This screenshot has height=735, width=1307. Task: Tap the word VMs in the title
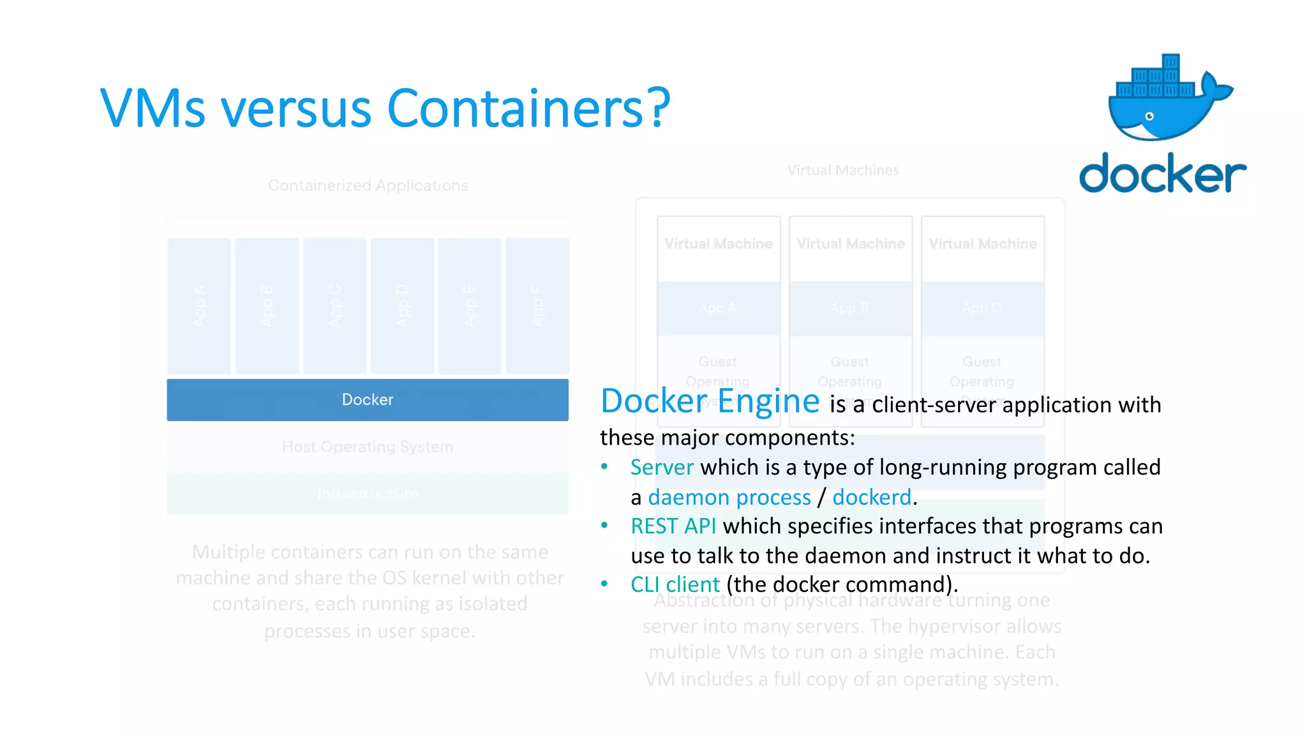tap(153, 108)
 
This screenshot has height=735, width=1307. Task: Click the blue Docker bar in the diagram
tap(368, 400)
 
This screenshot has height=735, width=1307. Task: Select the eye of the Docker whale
tap(1149, 116)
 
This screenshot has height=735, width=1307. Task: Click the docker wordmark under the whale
tap(1162, 173)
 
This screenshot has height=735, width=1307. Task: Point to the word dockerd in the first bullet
tap(872, 497)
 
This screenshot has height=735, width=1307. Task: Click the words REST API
tap(673, 526)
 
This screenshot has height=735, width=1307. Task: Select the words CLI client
tap(675, 584)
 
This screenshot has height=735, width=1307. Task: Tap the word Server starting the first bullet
tap(662, 468)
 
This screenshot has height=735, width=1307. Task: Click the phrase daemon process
tap(729, 497)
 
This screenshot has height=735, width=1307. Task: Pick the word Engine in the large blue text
tap(768, 401)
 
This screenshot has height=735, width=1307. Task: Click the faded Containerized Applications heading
tap(368, 186)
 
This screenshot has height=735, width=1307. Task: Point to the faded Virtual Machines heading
tap(842, 170)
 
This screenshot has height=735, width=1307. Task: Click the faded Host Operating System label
tap(368, 447)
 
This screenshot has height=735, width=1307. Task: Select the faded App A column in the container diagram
tap(199, 306)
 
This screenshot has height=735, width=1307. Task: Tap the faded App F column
tap(537, 306)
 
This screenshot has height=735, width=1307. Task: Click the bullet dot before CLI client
tap(604, 583)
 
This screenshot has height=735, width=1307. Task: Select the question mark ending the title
tap(655, 108)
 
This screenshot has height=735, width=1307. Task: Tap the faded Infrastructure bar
tap(368, 493)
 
